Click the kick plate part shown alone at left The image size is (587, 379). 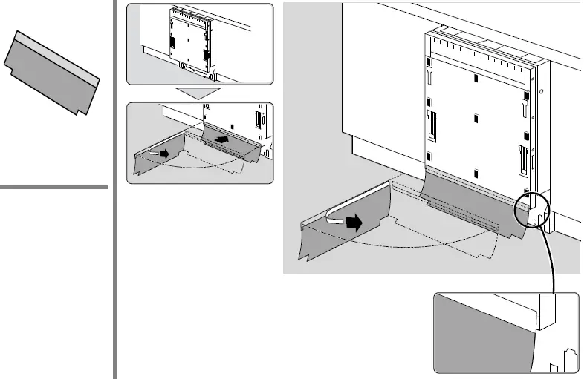51,73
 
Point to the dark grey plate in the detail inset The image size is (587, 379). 483,334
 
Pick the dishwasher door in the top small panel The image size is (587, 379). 190,41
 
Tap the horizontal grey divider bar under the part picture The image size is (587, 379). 53,188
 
